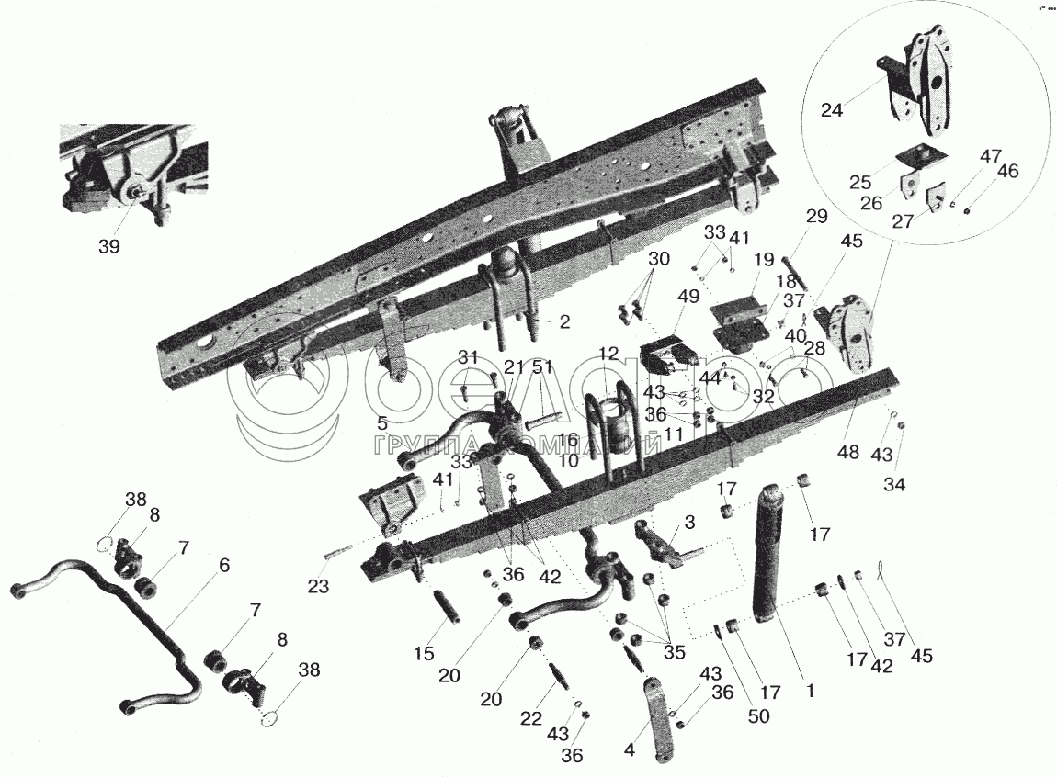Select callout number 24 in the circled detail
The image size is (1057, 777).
click(831, 109)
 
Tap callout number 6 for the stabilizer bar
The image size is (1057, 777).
click(223, 567)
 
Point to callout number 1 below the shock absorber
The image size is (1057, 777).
click(810, 686)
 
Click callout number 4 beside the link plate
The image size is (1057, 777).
click(629, 749)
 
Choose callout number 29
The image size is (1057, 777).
click(816, 217)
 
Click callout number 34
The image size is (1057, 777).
click(893, 484)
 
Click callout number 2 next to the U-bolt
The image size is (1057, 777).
click(564, 322)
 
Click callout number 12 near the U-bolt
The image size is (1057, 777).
click(608, 353)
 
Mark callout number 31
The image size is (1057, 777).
click(469, 358)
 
